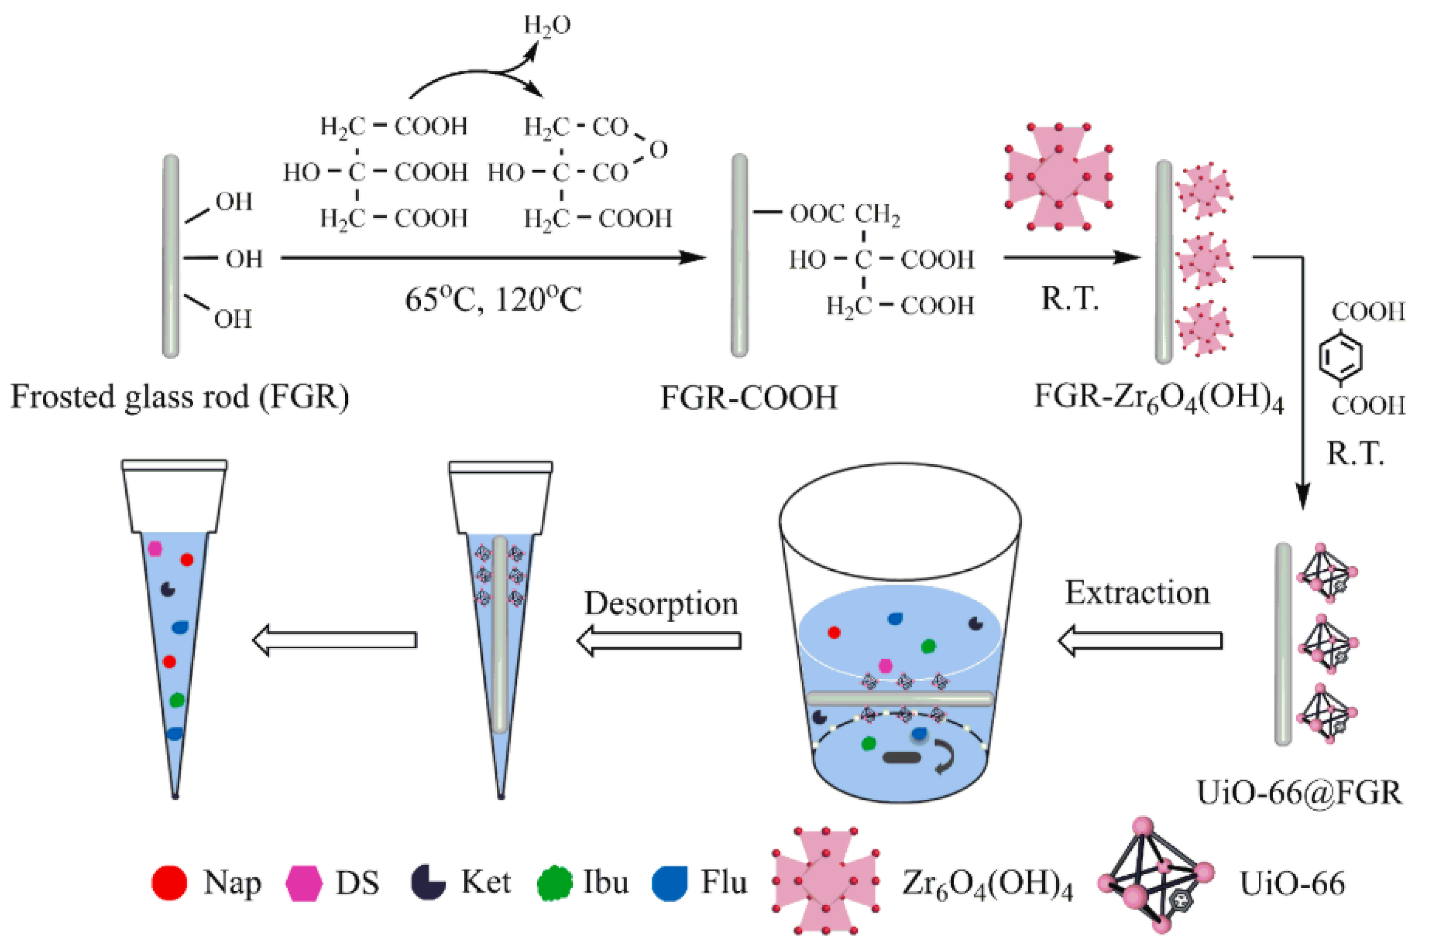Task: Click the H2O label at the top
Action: (546, 25)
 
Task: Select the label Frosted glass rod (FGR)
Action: (180, 398)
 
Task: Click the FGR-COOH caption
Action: (748, 398)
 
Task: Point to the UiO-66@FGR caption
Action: (1299, 792)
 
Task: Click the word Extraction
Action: (1137, 593)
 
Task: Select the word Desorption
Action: (661, 603)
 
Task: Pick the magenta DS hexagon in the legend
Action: (304, 883)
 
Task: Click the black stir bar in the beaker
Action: (902, 757)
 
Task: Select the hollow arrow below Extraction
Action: (1139, 640)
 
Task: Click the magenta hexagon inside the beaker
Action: (885, 666)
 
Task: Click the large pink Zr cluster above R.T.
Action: (1058, 177)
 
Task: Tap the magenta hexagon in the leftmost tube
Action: (155, 548)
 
